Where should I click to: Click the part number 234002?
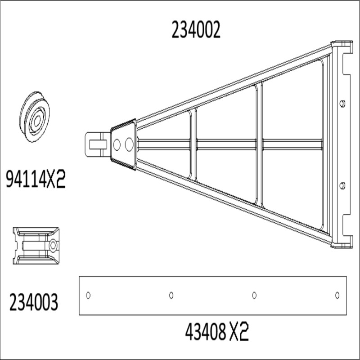click(196, 30)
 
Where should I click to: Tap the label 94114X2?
click(36, 179)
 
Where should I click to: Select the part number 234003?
click(34, 302)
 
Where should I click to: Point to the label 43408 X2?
click(217, 332)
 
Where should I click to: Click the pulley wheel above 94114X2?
click(35, 117)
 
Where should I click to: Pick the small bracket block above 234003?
click(36, 246)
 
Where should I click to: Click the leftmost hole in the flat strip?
click(88, 295)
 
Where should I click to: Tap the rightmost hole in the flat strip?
click(337, 295)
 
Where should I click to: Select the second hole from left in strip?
click(171, 295)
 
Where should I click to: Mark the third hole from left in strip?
click(254, 295)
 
